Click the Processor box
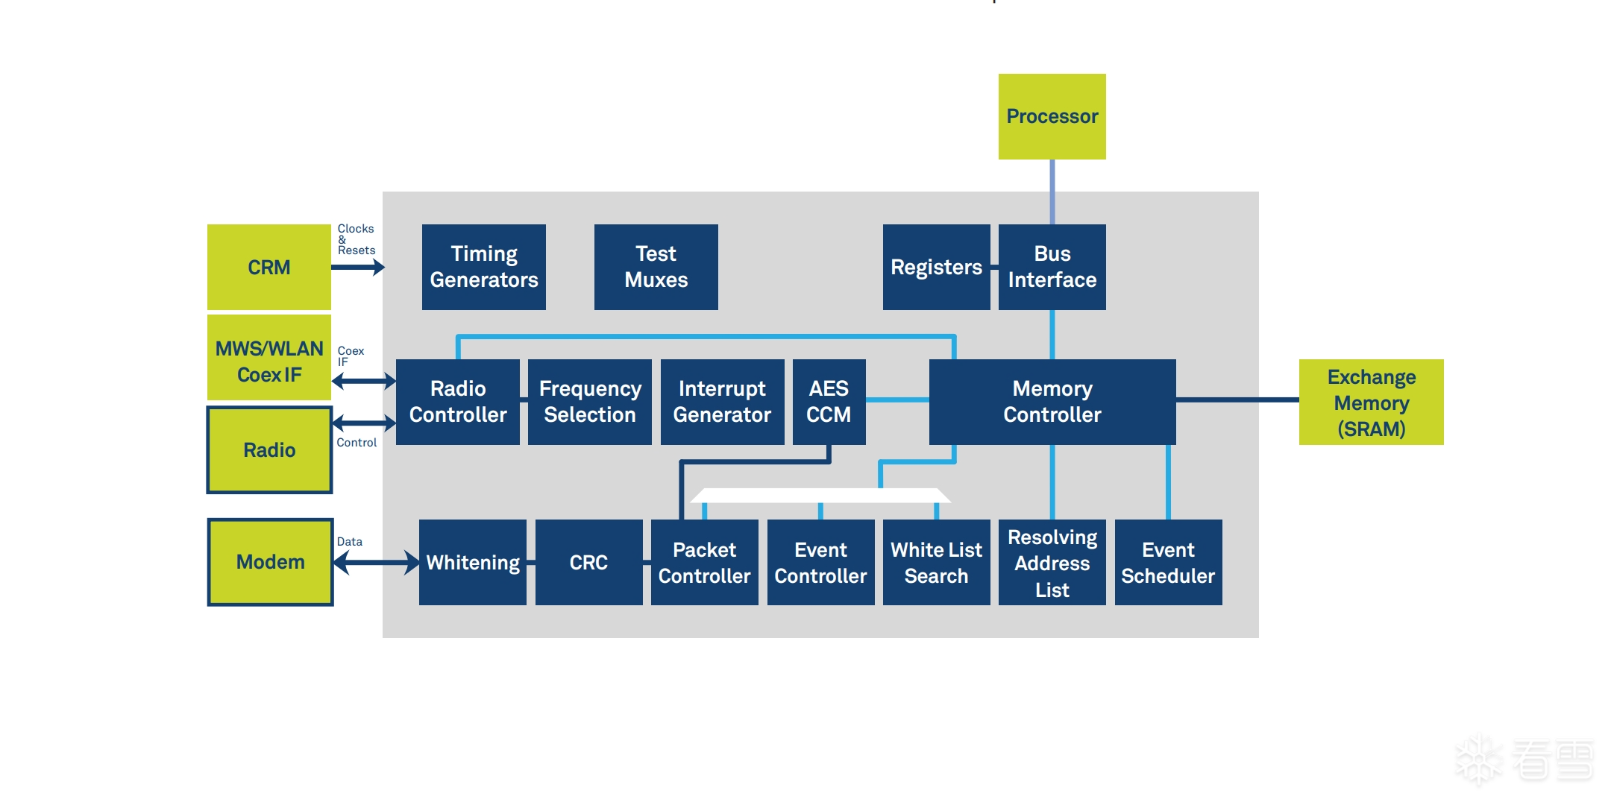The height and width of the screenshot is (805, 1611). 1052,116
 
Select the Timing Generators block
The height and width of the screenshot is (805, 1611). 483,267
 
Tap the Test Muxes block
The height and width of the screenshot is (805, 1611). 656,267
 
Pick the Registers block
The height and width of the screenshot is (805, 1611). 936,267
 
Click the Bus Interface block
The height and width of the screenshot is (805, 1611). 1052,267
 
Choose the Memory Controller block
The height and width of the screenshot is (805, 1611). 1052,402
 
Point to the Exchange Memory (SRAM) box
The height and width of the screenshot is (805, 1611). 1371,402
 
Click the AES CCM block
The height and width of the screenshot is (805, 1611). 829,402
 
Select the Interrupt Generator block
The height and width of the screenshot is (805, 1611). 722,402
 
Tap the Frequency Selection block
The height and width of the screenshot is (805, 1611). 589,402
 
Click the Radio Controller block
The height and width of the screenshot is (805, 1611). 457,402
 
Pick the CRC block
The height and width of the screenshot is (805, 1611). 588,562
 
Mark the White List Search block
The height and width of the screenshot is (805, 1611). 936,562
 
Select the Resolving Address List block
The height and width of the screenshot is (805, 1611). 1052,562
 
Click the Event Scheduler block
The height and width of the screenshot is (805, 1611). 1168,562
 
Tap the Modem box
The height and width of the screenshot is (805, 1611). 270,562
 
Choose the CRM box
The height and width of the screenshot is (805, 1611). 268,267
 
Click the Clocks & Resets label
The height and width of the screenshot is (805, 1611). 356,239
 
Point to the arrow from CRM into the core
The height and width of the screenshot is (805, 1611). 358,267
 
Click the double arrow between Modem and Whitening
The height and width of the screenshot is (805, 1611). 377,562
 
